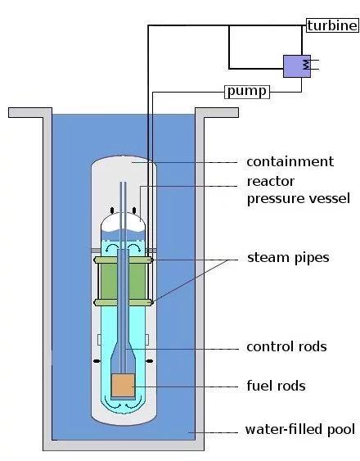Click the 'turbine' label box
(331, 25)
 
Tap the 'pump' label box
(245, 91)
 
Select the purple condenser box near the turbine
(296, 66)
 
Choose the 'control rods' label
(286, 346)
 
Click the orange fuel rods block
(124, 386)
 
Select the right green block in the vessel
(140, 281)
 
